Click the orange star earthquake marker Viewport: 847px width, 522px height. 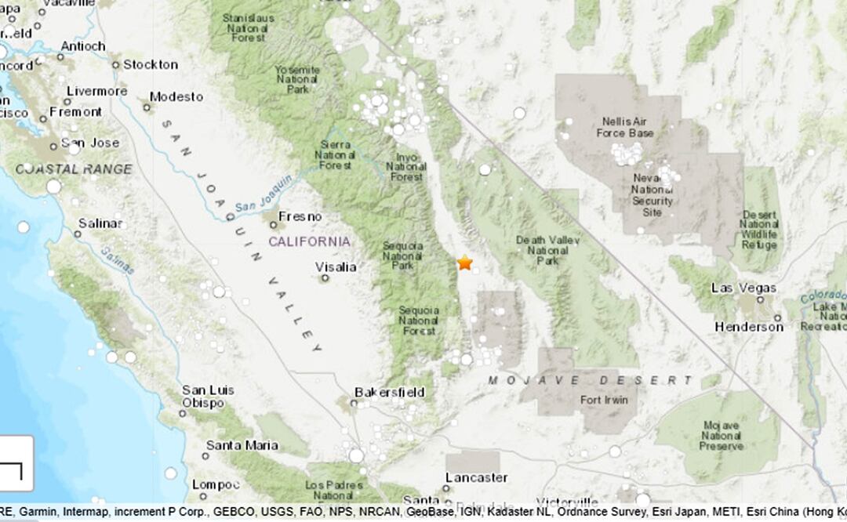(465, 263)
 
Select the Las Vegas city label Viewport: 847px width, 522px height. (743, 288)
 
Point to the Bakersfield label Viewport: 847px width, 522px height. (389, 392)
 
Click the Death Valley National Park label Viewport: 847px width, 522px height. (547, 250)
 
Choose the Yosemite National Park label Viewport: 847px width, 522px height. (297, 79)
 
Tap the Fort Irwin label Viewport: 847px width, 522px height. (602, 400)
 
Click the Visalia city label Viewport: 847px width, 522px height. (336, 267)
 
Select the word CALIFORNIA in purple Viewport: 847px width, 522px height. (309, 241)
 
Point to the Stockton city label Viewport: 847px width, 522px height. (150, 64)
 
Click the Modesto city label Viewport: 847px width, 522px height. (176, 97)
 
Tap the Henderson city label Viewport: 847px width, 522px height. (749, 327)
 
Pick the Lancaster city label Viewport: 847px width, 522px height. (476, 477)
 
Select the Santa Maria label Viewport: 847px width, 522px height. (242, 445)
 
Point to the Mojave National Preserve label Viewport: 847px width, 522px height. (722, 436)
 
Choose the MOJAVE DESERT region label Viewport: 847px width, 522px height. (591, 381)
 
